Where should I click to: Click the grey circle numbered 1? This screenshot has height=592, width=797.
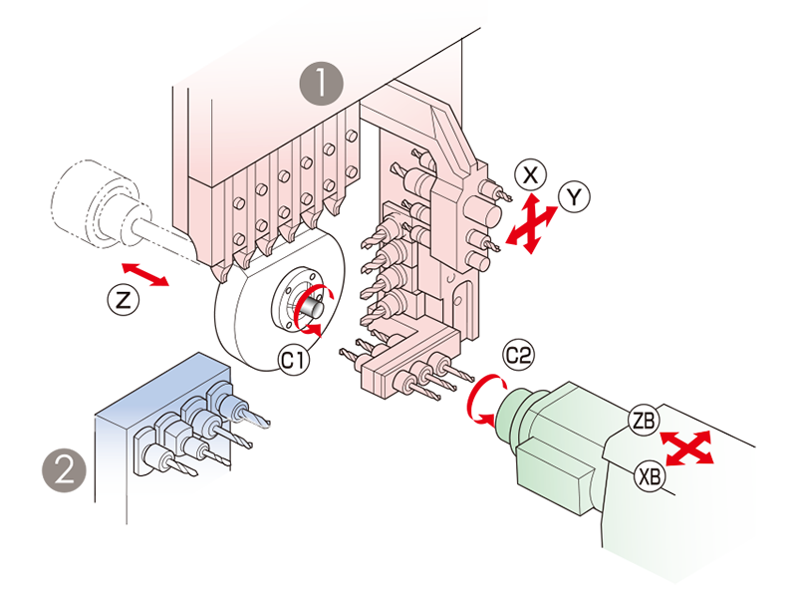click(322, 83)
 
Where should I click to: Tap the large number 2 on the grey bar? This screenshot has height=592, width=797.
click(64, 469)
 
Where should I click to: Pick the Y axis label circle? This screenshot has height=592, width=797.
click(573, 196)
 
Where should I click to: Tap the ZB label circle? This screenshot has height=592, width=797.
click(643, 421)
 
